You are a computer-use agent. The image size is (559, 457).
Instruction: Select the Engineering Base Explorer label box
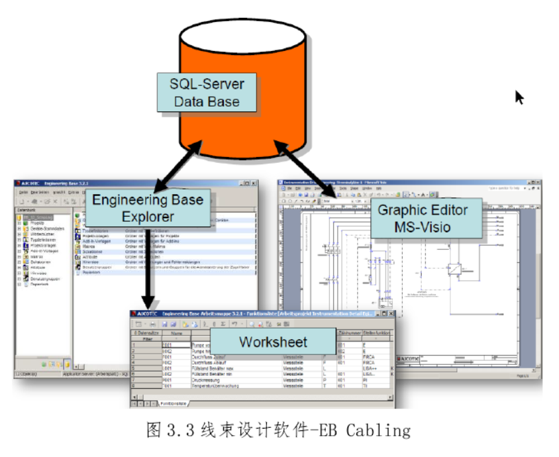[152, 207]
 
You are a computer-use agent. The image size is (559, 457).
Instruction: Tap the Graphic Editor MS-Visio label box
[423, 219]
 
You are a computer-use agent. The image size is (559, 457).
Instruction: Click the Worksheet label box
[273, 342]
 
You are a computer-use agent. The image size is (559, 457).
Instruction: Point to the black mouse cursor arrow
[519, 97]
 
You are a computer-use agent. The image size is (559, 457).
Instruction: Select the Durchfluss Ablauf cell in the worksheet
[213, 362]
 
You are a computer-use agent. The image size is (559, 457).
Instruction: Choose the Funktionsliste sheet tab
[174, 402]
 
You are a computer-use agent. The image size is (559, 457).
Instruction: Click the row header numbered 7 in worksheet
[134, 380]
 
